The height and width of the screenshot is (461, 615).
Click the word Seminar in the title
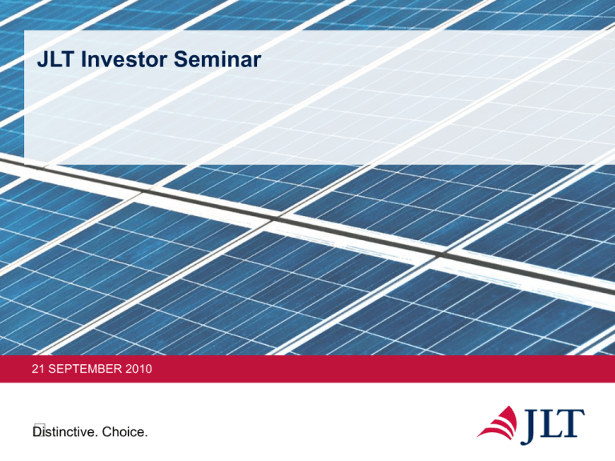(x=217, y=59)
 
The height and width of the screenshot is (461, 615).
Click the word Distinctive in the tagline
(x=63, y=432)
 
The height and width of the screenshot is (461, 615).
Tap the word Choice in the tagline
(x=123, y=432)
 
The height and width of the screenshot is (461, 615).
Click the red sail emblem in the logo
(x=497, y=423)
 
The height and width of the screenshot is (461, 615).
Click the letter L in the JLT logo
(x=552, y=423)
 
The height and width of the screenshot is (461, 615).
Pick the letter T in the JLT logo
(x=573, y=423)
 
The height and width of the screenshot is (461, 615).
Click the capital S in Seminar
(x=180, y=59)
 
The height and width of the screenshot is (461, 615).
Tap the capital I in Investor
(x=83, y=59)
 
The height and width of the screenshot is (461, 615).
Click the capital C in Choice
(x=107, y=432)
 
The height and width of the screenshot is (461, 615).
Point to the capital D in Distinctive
(x=37, y=432)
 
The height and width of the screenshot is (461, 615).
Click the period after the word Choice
(x=146, y=436)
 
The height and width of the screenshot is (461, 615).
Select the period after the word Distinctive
(x=96, y=436)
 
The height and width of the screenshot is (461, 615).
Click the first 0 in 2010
(x=135, y=369)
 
